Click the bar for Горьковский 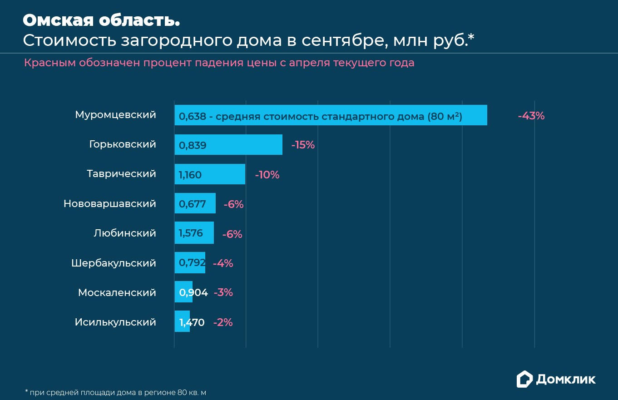228,145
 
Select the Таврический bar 210,174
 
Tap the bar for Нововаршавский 195,203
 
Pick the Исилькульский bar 182,321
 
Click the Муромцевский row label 115,115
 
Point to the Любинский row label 124,233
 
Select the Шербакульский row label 114,263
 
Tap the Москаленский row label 117,293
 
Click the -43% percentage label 531,116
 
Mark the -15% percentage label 303,145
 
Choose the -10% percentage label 267,175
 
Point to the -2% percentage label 222,322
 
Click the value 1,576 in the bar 191,233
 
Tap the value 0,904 193,293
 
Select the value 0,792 192,263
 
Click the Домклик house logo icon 524,380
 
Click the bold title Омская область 101,20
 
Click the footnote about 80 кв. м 119,392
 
